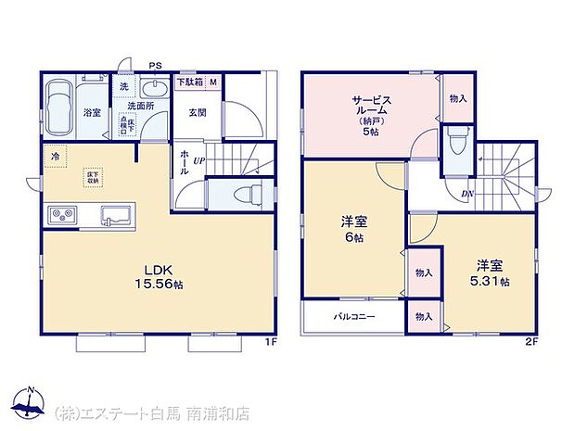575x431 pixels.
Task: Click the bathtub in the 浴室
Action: (60, 107)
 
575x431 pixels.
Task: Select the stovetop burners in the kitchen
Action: (62, 215)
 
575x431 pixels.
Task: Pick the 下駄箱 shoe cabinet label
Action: (190, 82)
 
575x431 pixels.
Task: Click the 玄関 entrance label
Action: (197, 113)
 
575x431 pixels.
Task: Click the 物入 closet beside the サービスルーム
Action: (457, 98)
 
